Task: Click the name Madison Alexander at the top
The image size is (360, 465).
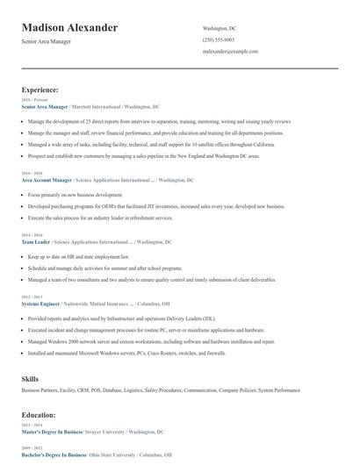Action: [69, 28]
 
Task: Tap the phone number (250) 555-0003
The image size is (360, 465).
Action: [219, 40]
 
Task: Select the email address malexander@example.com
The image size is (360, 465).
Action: [231, 52]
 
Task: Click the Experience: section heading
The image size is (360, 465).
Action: [40, 89]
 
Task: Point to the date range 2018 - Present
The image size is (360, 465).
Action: [34, 100]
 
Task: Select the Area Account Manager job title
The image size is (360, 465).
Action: [47, 179]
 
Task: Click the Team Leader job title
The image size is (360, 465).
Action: [36, 241]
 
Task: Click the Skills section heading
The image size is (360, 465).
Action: [30, 378]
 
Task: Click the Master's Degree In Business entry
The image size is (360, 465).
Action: [52, 432]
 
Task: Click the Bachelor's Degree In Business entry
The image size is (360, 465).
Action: [53, 455]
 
